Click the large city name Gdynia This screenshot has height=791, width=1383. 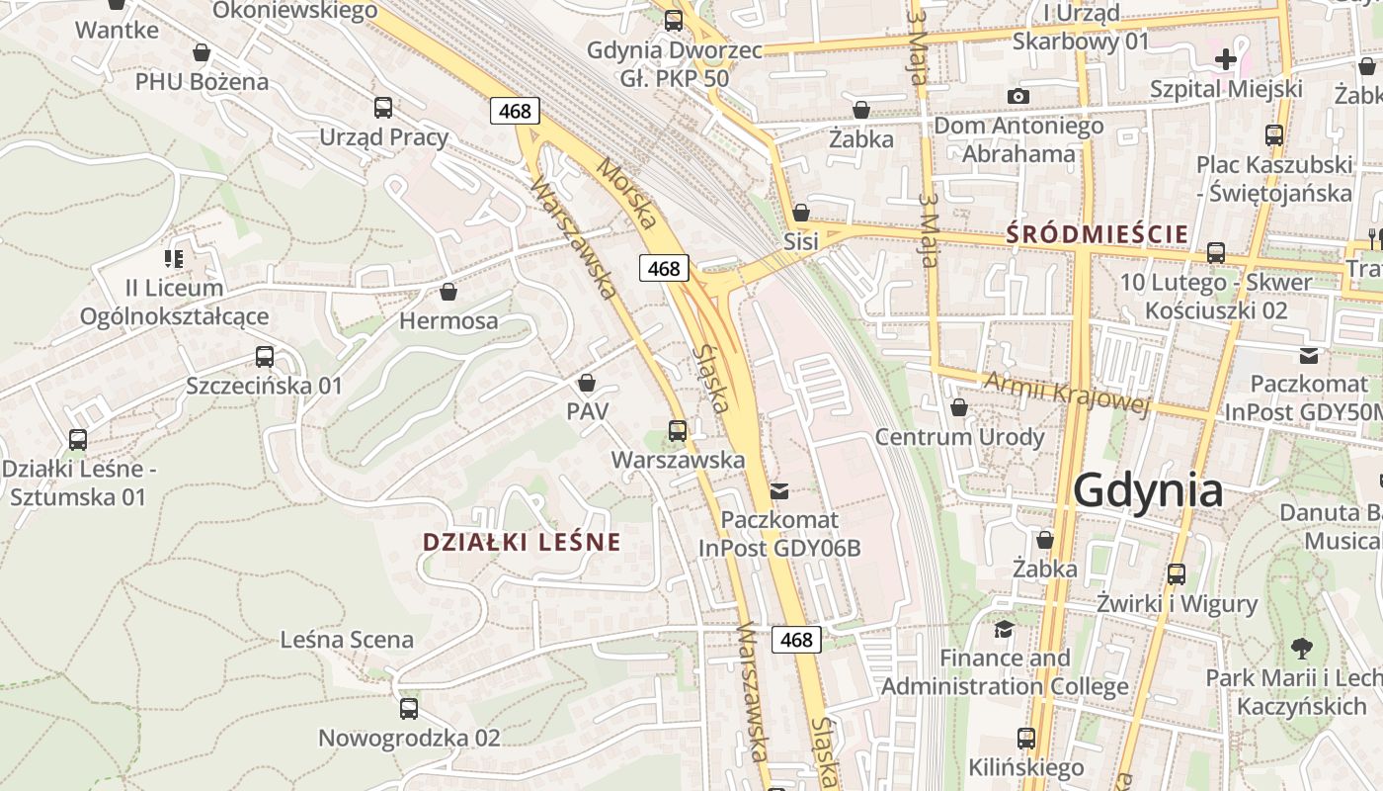tap(1148, 490)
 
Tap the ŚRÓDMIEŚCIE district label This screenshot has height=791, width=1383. tap(1097, 235)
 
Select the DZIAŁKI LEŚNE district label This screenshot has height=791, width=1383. tap(522, 542)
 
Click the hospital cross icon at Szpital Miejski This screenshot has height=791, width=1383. tap(1226, 59)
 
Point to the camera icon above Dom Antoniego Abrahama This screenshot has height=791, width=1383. tap(1018, 96)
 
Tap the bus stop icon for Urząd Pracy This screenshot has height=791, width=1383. tap(383, 108)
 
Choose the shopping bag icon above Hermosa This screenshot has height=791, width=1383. tap(448, 292)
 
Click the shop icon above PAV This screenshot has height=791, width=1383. tap(587, 382)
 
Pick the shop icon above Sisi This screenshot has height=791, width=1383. tap(801, 213)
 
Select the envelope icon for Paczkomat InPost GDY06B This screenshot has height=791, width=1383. tap(779, 490)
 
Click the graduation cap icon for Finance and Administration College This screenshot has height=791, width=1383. tap(1004, 629)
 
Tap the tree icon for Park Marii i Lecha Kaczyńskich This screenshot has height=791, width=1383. tap(1302, 649)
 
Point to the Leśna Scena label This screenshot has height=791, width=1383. tap(347, 640)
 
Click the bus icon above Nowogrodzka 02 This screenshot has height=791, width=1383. tap(408, 708)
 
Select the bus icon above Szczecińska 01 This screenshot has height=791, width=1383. tap(265, 356)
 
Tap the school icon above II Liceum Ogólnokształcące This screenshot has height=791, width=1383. tap(174, 259)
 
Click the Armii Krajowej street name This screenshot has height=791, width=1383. tap(1068, 395)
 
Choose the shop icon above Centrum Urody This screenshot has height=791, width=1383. tap(958, 407)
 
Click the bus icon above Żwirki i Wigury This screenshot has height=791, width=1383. tap(1176, 573)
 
